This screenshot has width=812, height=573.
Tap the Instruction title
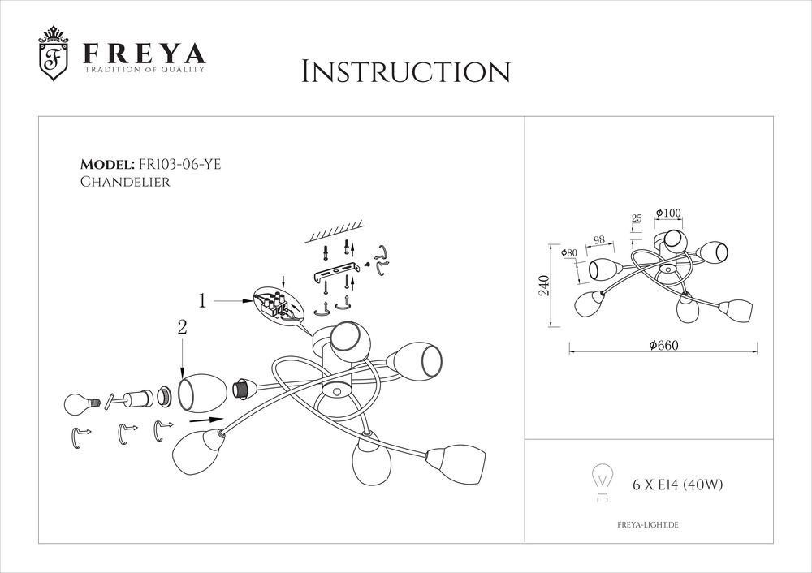pyautogui.click(x=406, y=71)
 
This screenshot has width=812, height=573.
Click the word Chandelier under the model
pyautogui.click(x=125, y=183)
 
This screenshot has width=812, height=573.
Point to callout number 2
pyautogui.click(x=182, y=328)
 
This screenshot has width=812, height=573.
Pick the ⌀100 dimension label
pyautogui.click(x=669, y=213)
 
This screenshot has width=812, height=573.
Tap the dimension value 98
pyautogui.click(x=599, y=239)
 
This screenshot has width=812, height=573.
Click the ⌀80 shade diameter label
pyautogui.click(x=568, y=253)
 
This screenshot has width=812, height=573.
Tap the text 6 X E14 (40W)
pyautogui.click(x=677, y=486)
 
